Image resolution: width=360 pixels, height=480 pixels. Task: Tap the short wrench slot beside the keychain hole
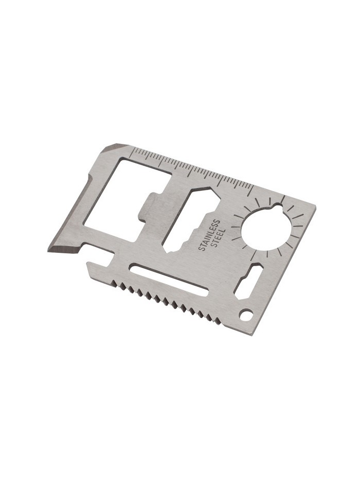(x=249, y=282)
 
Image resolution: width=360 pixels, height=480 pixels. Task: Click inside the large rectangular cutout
(x=122, y=196)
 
